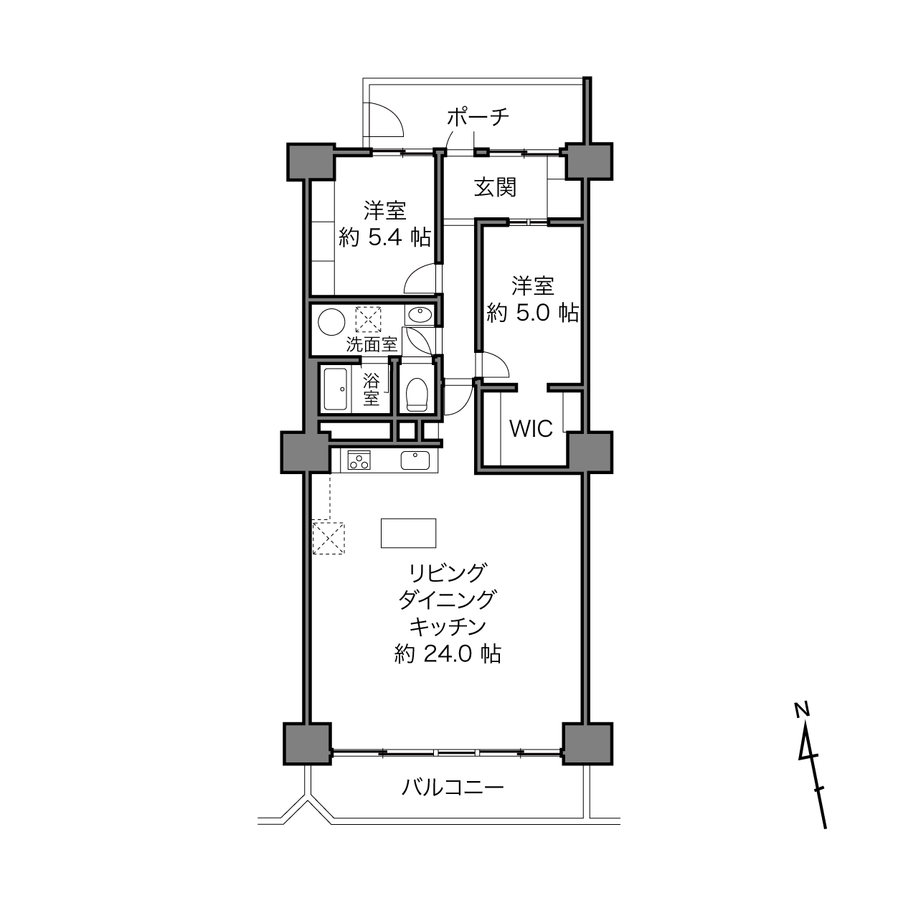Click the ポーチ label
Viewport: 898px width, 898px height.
(478, 118)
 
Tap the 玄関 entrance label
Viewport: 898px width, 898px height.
(496, 188)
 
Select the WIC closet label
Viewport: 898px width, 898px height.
(531, 428)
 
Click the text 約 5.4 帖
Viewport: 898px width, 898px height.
(385, 238)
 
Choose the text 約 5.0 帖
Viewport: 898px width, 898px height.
(533, 313)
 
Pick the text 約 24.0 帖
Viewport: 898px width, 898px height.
(448, 654)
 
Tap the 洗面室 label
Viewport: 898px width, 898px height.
(372, 344)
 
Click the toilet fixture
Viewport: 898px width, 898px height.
(417, 394)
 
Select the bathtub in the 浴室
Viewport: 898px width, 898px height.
(336, 389)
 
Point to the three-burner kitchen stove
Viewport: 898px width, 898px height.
(359, 460)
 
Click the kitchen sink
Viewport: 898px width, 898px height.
(415, 460)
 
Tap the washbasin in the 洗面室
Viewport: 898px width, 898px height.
(420, 315)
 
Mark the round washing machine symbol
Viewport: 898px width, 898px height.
(331, 322)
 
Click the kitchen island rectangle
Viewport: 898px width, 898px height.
(408, 533)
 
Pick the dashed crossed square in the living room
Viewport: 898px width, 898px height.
(329, 538)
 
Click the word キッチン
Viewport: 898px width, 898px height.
(448, 627)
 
